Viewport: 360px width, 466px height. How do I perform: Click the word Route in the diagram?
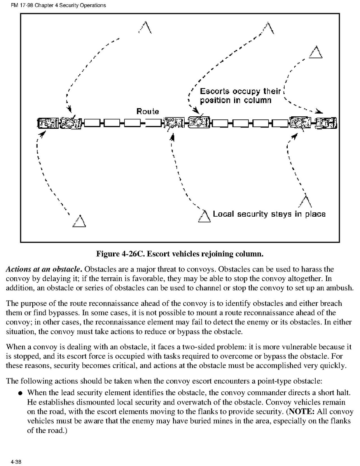coord(147,111)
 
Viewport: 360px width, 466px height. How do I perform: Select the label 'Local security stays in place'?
coord(269,214)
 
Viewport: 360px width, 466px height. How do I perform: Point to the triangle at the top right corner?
coord(316,52)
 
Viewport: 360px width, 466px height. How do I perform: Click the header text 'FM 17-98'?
coord(19,5)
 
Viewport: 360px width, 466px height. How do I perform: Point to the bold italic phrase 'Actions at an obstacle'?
coord(44,269)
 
